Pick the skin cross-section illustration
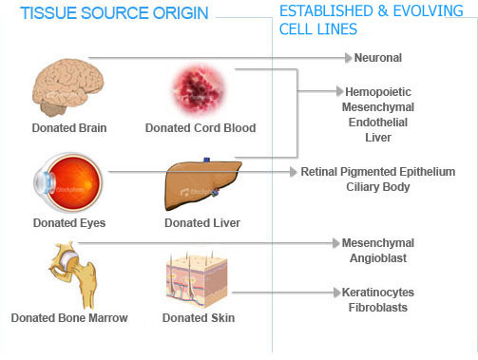(199, 276)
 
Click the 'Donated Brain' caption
(67, 127)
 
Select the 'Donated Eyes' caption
(68, 222)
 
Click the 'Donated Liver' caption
(201, 222)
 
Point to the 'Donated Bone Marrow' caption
(68, 317)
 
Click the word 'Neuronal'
(378, 58)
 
